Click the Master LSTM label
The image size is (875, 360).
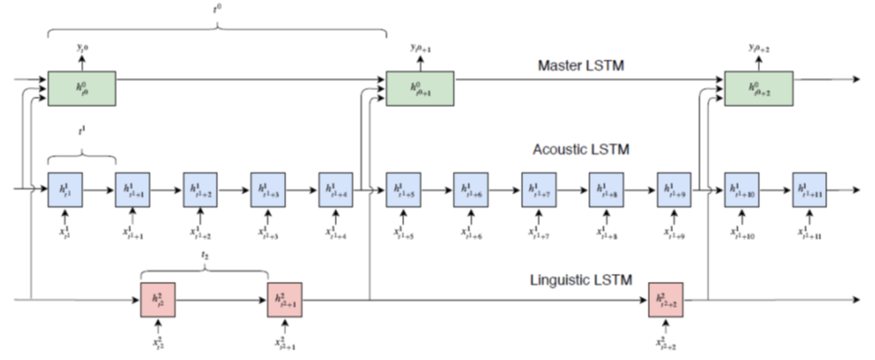coord(581,66)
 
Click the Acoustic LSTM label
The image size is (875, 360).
coord(581,150)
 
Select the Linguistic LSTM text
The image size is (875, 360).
coord(581,279)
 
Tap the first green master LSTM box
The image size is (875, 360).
coord(82,88)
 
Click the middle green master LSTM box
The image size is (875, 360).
coord(420,88)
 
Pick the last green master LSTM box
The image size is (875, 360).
coord(759,88)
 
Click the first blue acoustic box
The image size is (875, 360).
coord(65,189)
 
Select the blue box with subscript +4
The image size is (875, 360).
coord(336,189)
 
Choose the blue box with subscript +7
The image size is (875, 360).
coord(539,189)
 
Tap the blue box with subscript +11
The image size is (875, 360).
coord(809,189)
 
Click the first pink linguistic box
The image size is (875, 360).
coord(158,300)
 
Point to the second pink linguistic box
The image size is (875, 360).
coord(285,300)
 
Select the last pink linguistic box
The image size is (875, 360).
coord(666,300)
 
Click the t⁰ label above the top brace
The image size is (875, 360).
coord(217,8)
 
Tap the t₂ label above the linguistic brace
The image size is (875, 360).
coord(204,256)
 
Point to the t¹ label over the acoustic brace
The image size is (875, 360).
coord(82,130)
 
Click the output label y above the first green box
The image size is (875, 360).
coord(82,49)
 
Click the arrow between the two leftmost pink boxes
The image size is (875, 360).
coord(221,300)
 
